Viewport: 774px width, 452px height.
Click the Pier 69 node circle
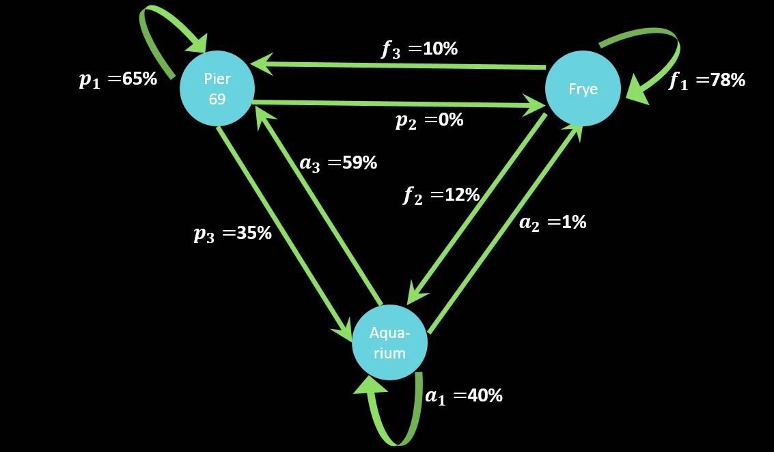point(217,89)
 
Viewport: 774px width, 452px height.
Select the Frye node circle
point(583,89)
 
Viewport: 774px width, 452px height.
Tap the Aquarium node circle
point(389,343)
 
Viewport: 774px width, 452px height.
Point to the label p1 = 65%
point(118,79)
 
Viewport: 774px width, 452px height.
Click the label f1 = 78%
point(706,81)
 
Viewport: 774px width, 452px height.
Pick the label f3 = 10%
point(419,49)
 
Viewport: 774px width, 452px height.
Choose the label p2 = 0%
point(429,120)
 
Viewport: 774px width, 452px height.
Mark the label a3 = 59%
point(338,163)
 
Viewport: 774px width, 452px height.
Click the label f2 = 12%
point(441,195)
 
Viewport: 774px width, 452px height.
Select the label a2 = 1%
point(553,223)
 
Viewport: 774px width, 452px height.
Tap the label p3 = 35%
point(233,234)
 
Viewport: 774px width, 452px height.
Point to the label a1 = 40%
point(464,396)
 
